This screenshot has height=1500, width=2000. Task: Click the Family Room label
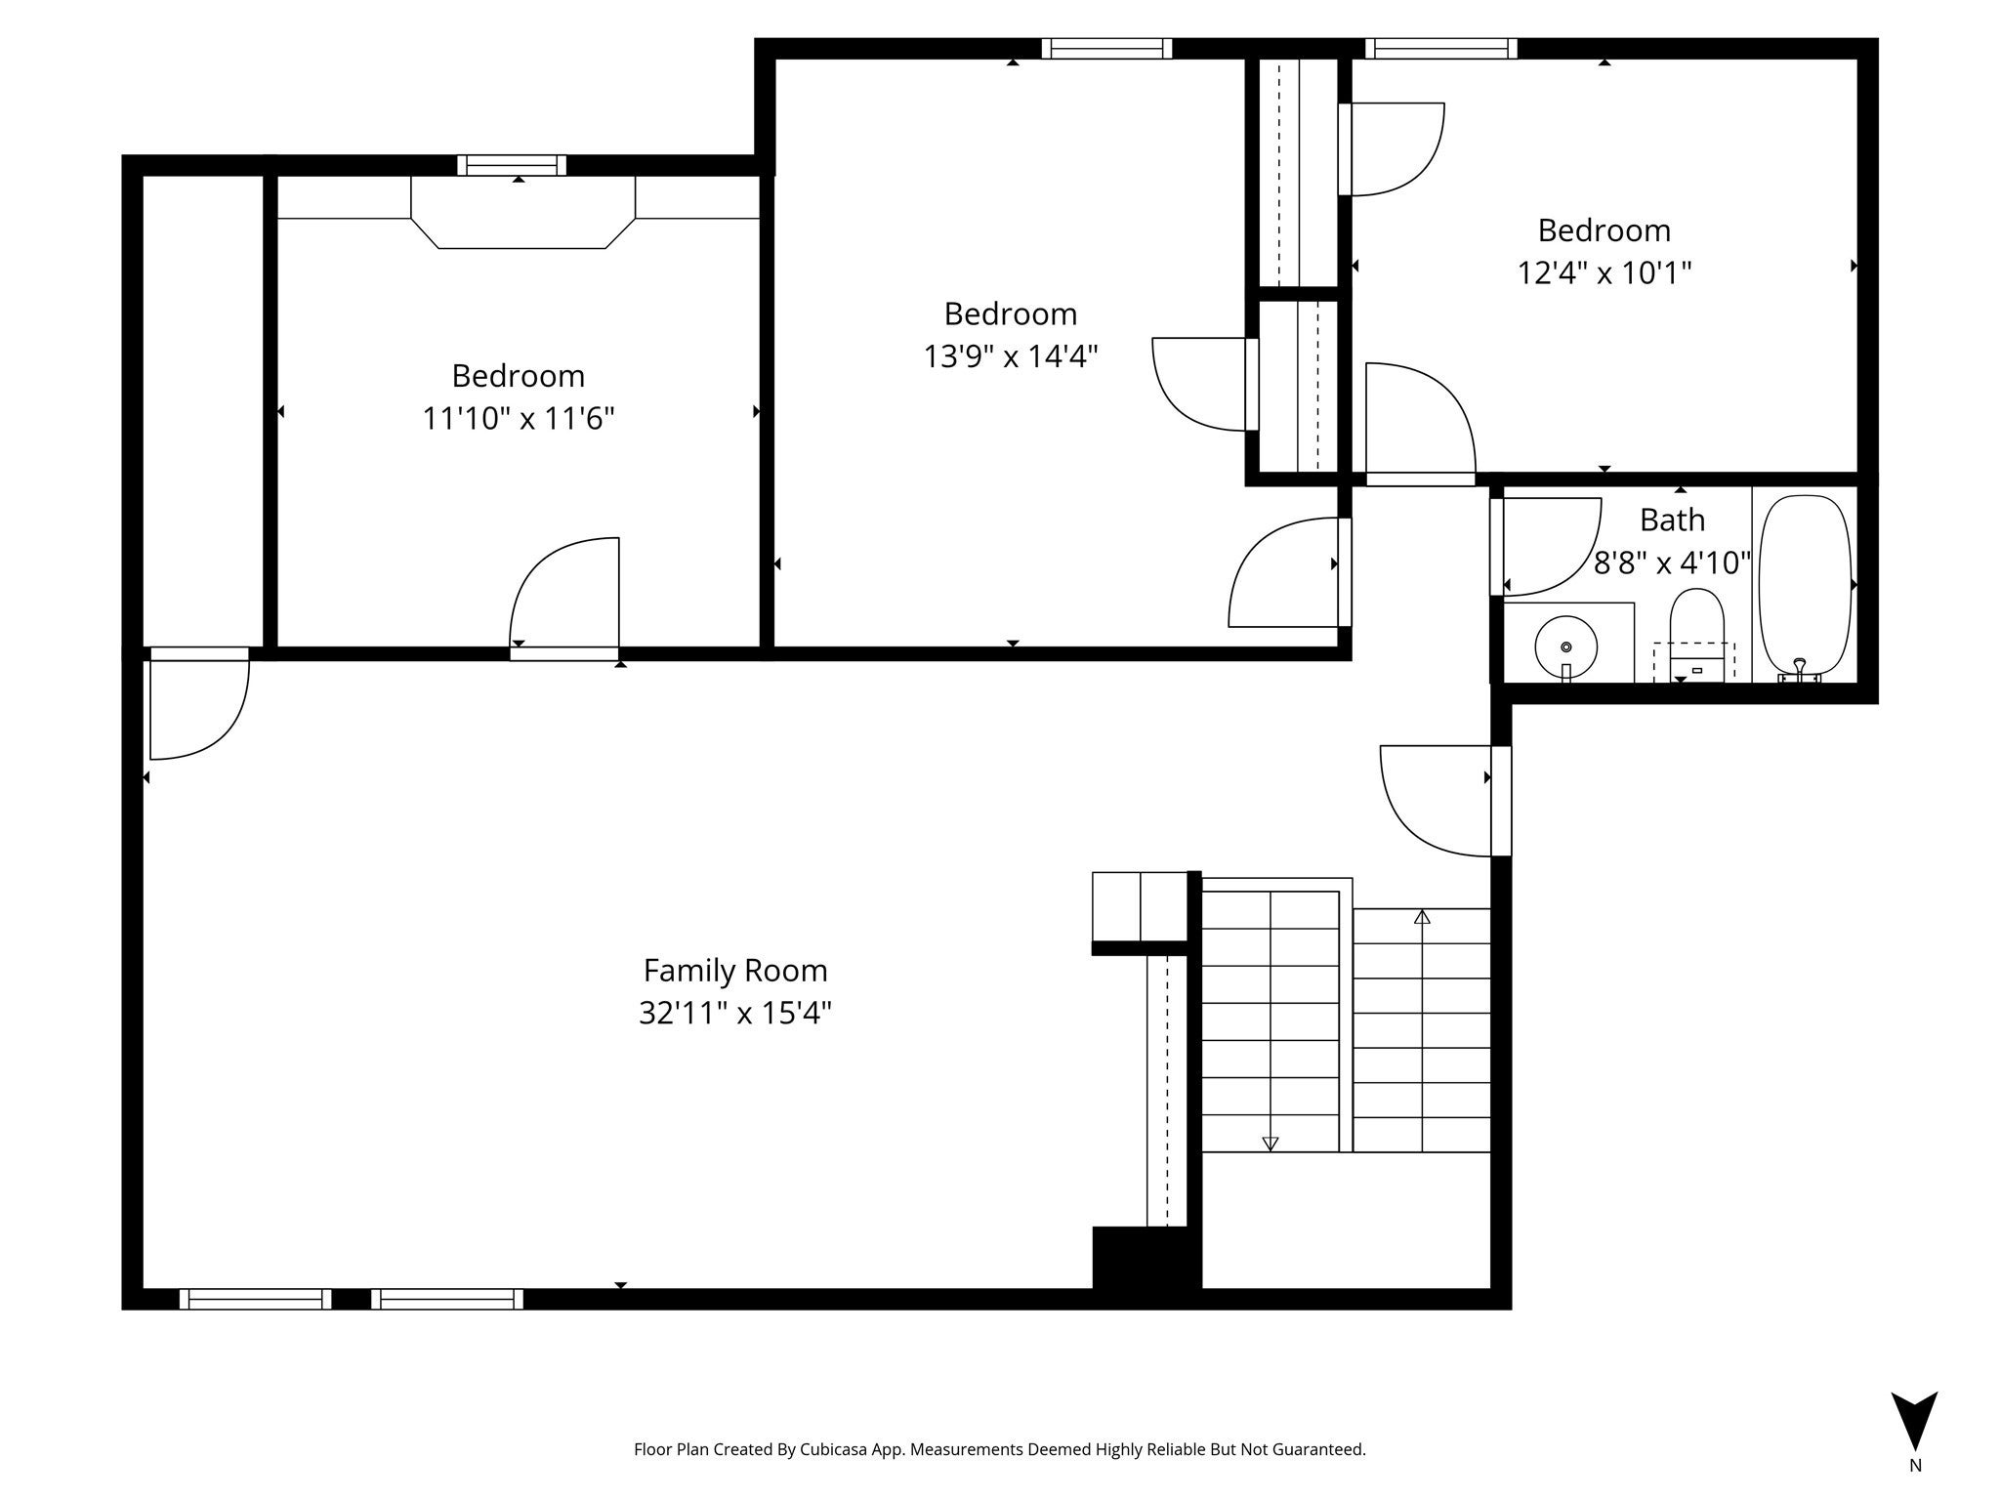tap(734, 971)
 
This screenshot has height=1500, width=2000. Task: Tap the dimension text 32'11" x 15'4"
tap(734, 1014)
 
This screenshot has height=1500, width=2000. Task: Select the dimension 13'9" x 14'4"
tap(1011, 356)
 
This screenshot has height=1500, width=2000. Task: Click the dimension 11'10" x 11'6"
tap(518, 419)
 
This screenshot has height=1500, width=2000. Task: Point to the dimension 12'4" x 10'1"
tap(1604, 272)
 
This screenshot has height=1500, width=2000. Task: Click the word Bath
tap(1672, 521)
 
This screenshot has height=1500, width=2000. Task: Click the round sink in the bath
tap(1565, 646)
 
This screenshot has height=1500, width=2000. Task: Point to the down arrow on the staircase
tap(1270, 1143)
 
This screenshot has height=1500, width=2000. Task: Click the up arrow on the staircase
tap(1422, 917)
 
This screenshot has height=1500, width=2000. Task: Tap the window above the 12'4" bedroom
tap(1440, 48)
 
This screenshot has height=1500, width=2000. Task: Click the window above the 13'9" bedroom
tap(1106, 48)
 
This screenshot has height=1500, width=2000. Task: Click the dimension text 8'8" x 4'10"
tap(1672, 563)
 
